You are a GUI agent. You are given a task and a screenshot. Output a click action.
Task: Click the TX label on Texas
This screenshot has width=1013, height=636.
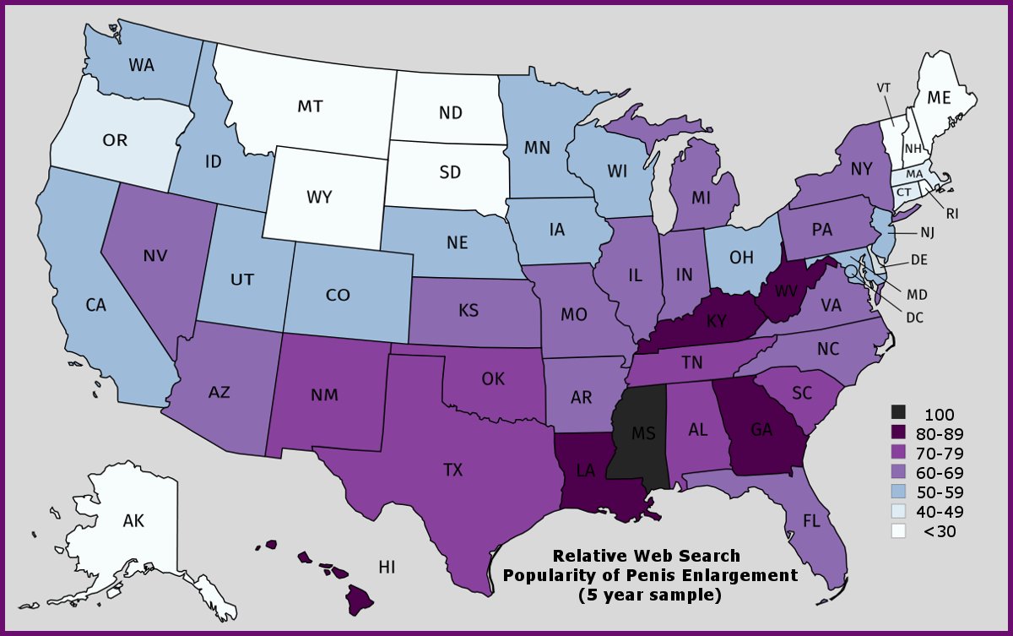(453, 470)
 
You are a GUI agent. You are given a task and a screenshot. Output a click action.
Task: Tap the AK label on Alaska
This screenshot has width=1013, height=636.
(133, 521)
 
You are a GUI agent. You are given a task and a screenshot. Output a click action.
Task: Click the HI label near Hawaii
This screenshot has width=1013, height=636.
(387, 567)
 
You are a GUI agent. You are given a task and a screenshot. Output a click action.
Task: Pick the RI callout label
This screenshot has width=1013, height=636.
(952, 214)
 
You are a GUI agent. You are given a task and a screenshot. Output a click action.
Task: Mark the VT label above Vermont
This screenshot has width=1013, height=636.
(884, 87)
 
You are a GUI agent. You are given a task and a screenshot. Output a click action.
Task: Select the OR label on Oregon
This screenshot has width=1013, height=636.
(115, 139)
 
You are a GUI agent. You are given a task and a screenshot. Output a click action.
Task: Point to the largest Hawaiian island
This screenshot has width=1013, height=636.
(360, 601)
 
